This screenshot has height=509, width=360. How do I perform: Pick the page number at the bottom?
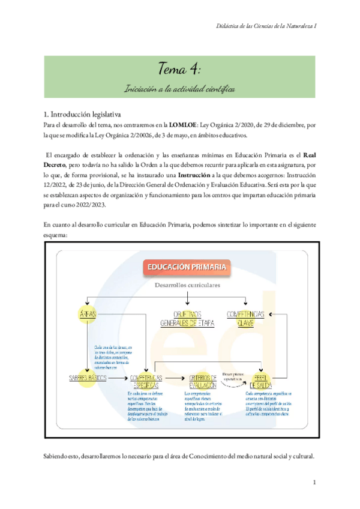(314, 483)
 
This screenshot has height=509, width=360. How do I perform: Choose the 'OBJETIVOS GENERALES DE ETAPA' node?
(188, 318)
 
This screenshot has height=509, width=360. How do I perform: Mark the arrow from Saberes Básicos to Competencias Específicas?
(117, 379)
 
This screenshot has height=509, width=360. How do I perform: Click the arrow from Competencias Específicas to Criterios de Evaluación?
(176, 379)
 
